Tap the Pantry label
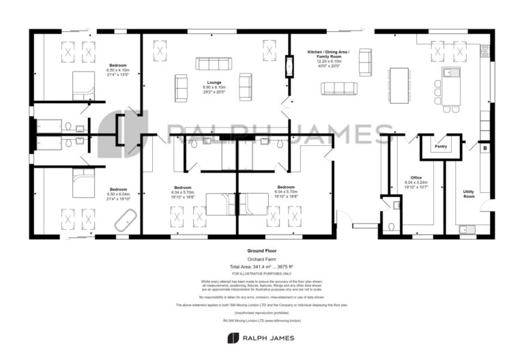pos(441,146)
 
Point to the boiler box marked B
pos(485,148)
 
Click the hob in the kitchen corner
pos(485,51)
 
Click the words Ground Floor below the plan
pos(261,251)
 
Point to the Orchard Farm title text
pos(261,258)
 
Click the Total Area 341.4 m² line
pos(261,266)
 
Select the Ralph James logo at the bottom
pos(261,338)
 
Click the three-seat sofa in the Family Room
pos(339,88)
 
